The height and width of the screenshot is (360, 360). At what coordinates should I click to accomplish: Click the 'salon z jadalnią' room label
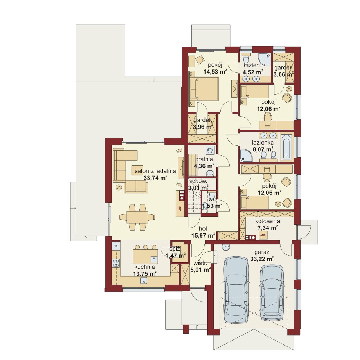(x=155, y=171)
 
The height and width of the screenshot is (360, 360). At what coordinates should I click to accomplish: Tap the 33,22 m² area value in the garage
(x=262, y=259)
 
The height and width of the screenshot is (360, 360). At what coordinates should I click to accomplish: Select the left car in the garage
(x=236, y=290)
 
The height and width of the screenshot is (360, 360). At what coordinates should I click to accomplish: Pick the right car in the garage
(x=272, y=293)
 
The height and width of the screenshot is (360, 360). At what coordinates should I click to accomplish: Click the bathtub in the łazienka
(x=286, y=147)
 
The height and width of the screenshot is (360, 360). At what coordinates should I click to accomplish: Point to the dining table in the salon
(x=137, y=217)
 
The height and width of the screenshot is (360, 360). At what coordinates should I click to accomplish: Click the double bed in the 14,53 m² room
(x=204, y=89)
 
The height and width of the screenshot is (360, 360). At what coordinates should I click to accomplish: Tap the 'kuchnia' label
(x=145, y=267)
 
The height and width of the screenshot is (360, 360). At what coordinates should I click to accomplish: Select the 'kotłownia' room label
(x=267, y=221)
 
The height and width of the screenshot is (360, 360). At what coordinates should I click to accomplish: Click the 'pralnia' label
(x=204, y=159)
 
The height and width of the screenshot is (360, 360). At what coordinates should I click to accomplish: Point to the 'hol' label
(x=203, y=229)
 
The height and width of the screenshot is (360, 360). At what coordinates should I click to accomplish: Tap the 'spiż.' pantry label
(x=175, y=249)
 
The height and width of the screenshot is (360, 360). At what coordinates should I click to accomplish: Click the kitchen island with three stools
(x=146, y=256)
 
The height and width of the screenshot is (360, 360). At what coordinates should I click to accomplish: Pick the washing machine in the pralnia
(x=210, y=150)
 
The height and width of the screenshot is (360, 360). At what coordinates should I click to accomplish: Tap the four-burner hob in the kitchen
(x=116, y=263)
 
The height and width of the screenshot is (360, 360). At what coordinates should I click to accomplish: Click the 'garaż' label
(x=262, y=252)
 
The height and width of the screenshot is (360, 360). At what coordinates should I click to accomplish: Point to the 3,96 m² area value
(x=203, y=127)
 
